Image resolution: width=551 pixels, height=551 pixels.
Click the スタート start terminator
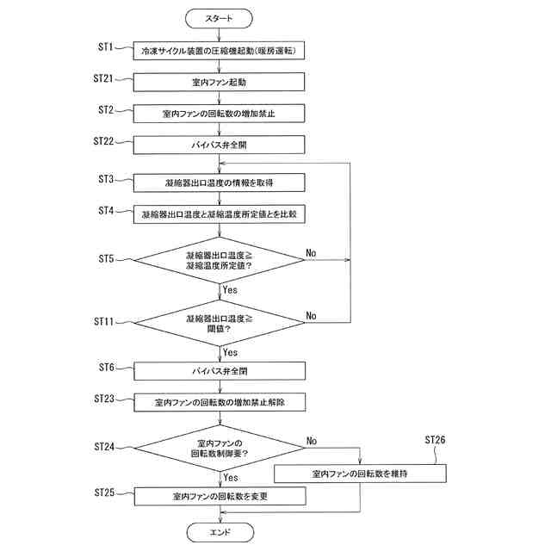click(219, 18)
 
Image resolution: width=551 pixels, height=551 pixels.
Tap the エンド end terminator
click(220, 532)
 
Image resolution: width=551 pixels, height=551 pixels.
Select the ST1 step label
click(105, 46)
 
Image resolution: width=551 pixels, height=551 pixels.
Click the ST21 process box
click(219, 83)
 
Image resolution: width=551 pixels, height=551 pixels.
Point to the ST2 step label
click(106, 110)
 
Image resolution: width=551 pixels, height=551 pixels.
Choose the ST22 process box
click(219, 145)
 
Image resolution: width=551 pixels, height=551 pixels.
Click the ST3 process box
click(220, 183)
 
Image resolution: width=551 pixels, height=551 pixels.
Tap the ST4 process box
click(220, 214)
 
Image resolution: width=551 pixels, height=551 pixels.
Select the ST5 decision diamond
click(219, 260)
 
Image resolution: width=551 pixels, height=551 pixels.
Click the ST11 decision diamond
click(220, 323)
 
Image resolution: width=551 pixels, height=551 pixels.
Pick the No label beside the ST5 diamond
click(311, 253)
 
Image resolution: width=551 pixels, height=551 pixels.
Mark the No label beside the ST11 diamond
click(311, 316)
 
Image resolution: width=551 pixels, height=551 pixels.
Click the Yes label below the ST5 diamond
click(230, 290)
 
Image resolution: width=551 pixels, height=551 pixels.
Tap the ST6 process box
click(220, 371)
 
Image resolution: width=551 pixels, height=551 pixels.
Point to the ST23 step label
click(104, 399)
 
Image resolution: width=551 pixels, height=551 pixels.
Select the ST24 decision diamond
click(220, 448)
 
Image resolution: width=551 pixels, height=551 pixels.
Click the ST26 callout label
click(435, 440)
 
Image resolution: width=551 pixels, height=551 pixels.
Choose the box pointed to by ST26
click(360, 474)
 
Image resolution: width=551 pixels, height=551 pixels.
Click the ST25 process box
click(220, 496)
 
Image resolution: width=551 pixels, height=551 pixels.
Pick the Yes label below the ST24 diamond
click(231, 478)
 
